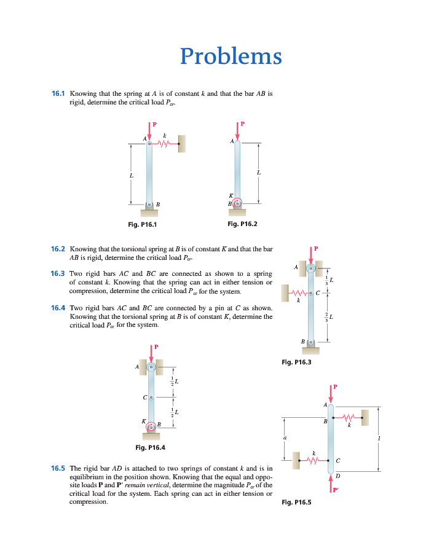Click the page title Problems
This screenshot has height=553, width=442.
tap(231, 57)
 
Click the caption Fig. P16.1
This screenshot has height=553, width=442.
tap(143, 224)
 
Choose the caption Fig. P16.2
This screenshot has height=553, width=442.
tap(242, 224)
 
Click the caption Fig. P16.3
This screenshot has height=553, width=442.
tap(296, 363)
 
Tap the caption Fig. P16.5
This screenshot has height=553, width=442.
tap(296, 502)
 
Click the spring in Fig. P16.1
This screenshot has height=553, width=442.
tap(164, 144)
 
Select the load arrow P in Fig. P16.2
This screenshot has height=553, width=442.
tap(237, 130)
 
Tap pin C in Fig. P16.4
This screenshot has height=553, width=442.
tap(151, 397)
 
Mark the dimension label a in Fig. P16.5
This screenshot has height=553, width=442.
tap(285, 437)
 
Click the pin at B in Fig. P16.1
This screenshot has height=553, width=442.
tap(149, 204)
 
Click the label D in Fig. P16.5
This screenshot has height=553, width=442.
tap(337, 476)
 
